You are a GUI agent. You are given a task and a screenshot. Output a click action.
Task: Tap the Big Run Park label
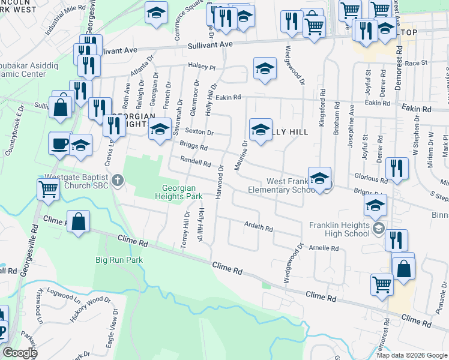click(119, 260)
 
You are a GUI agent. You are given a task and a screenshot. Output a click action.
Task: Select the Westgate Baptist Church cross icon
click(118, 179)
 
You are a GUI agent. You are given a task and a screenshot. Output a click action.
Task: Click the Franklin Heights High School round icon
click(378, 228)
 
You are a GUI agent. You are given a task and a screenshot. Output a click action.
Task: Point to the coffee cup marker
click(60, 144)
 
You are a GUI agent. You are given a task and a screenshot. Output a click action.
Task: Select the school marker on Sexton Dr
click(160, 129)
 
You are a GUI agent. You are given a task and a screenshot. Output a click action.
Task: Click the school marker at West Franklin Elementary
click(320, 178)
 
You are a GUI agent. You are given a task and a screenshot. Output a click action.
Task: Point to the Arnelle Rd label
click(324, 247)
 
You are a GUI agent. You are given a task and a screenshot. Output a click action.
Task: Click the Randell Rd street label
click(196, 162)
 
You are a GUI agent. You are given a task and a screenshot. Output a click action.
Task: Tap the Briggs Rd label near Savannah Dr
click(193, 145)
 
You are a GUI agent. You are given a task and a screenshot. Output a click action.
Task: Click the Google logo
click(20, 353)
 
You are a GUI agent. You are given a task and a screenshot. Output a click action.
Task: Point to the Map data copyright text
click(411, 355)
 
